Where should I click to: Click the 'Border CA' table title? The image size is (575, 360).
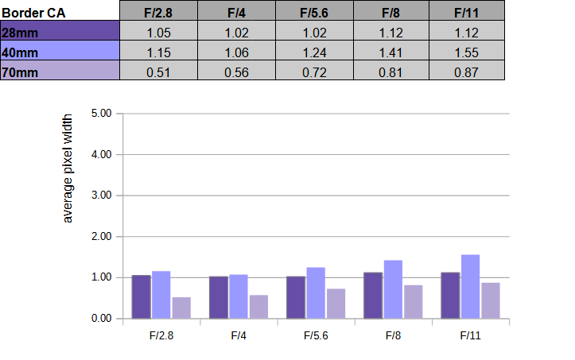pos(33,14)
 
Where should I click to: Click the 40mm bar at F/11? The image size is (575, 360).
pos(470,287)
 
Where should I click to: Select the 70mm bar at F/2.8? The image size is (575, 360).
pos(181,308)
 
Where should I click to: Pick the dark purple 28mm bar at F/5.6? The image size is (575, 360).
pos(296,297)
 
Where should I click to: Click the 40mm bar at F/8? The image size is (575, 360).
pos(393,289)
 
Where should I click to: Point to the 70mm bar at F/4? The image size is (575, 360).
pos(258,307)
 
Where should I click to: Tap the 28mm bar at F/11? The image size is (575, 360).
pos(450,296)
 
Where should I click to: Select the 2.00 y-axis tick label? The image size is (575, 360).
pos(102,237)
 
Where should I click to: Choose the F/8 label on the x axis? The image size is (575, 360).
pos(393,335)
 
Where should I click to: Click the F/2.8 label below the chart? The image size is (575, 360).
pos(161,335)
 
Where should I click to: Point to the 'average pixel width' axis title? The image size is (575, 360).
pos(68,168)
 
